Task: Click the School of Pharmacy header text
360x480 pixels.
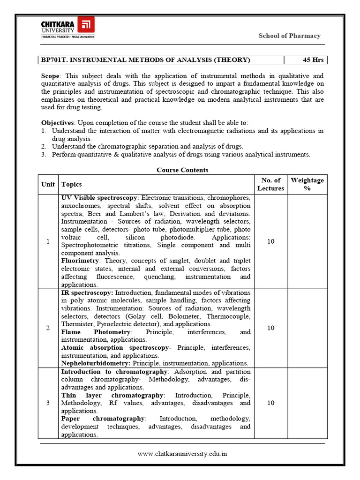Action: pyautogui.click(x=289, y=36)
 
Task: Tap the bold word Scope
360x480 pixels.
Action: pyautogui.click(x=51, y=76)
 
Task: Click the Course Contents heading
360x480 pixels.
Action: pyautogui.click(x=182, y=170)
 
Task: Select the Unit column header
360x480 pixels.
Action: pyautogui.click(x=48, y=185)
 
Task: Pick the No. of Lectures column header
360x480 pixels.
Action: pyautogui.click(x=270, y=184)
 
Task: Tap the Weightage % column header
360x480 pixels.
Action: pyautogui.click(x=307, y=184)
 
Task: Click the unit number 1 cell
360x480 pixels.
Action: pyautogui.click(x=48, y=241)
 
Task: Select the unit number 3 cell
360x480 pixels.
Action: pyautogui.click(x=48, y=403)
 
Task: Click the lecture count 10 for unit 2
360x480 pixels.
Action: pyautogui.click(x=270, y=328)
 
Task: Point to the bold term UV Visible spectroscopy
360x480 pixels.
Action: pyautogui.click(x=99, y=198)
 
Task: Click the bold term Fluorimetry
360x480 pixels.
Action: pyautogui.click(x=80, y=261)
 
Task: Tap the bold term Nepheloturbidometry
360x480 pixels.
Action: pyautogui.click(x=96, y=363)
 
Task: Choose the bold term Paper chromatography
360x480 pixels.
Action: pyautogui.click(x=103, y=419)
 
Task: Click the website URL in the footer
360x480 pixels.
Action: pyautogui.click(x=182, y=454)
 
